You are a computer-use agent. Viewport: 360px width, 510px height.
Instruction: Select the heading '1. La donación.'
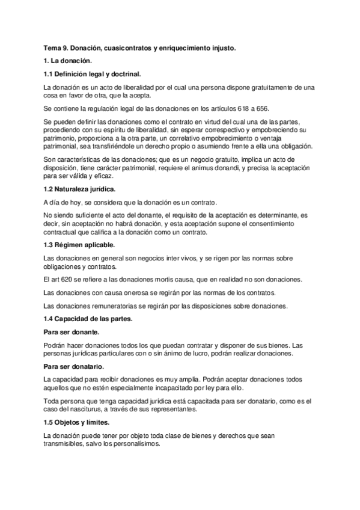coord(67,61)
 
